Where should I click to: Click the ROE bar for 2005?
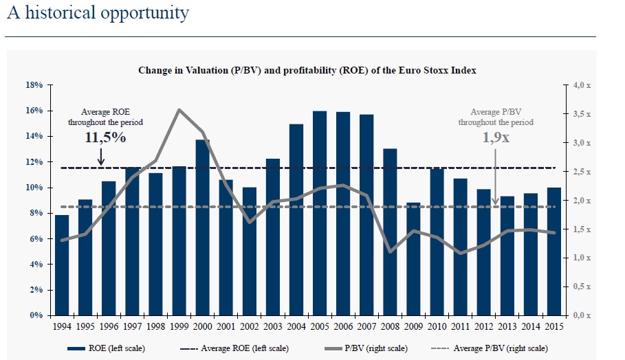[x=320, y=213]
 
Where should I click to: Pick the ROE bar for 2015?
[x=554, y=251]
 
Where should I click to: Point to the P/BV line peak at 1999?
[x=179, y=110]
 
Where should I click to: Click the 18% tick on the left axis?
[x=34, y=85]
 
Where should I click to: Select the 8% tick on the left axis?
[x=36, y=213]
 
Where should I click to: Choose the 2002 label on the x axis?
[x=250, y=327]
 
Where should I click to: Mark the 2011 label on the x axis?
[x=460, y=327]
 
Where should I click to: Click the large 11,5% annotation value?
[x=105, y=137]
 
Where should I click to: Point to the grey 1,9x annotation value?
[x=494, y=137]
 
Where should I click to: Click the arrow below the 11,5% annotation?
[x=102, y=158]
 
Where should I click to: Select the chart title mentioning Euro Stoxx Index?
[x=307, y=70]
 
